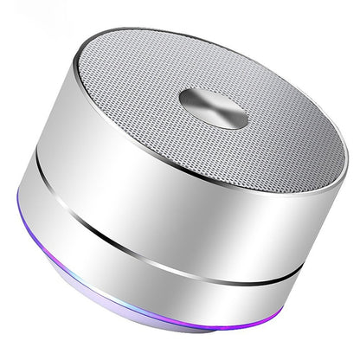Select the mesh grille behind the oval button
pyautogui.click(x=216, y=56)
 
